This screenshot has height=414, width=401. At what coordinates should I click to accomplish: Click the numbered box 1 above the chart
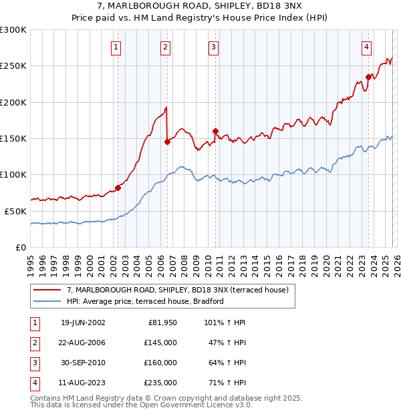point(117,47)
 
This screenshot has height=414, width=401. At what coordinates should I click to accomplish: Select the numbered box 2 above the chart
point(165,47)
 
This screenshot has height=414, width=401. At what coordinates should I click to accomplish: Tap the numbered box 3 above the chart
point(213,47)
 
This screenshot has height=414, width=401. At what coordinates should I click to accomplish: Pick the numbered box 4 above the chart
point(367,47)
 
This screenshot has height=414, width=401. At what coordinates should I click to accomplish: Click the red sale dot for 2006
point(167,141)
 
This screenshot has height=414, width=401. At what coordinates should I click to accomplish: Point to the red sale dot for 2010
point(215,131)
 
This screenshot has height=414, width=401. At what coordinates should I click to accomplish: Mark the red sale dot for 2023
point(368,77)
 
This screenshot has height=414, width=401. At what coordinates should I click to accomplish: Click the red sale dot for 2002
point(118,188)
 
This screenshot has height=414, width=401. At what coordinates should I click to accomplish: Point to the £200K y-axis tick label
point(13,102)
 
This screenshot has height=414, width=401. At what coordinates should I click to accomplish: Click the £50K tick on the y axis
point(15,210)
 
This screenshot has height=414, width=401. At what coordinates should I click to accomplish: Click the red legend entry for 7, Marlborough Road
point(177,290)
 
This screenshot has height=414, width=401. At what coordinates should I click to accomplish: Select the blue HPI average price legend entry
point(143,301)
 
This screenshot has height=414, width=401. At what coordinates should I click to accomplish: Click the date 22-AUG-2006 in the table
point(83,343)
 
